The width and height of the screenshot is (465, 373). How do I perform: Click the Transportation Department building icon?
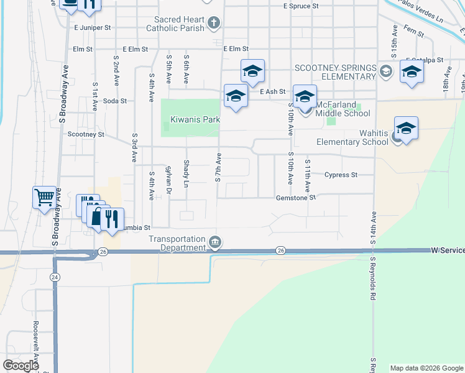coord(215,241)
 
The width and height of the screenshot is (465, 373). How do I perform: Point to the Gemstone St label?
coord(297,198)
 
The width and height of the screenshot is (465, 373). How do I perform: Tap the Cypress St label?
coord(341,175)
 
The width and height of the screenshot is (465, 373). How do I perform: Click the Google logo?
coord(21,366)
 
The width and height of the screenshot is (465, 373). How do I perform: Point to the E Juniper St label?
coord(92,28)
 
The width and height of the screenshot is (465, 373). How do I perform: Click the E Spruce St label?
coord(300,6)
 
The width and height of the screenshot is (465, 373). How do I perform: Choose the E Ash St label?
coord(272,91)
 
